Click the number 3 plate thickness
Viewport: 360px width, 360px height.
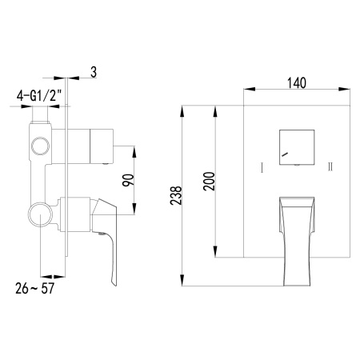pyautogui.click(x=94, y=74)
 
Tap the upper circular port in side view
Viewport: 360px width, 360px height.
pyautogui.click(x=38, y=146)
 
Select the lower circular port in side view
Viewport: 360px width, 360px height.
pyautogui.click(x=38, y=215)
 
